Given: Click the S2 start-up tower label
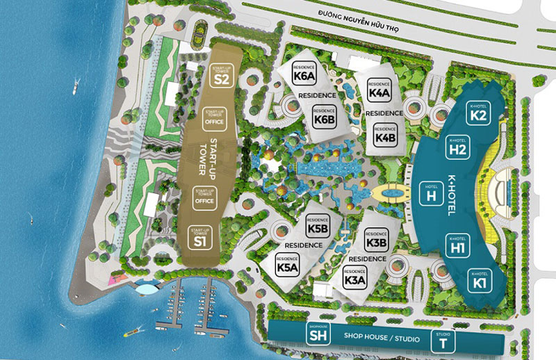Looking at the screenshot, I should pos(221,75).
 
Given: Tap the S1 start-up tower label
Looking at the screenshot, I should pos(200,238).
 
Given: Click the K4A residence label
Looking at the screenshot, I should pos(380,90).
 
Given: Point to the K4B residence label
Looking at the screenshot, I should pos(385,133).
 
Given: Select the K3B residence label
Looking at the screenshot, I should pos(375,239).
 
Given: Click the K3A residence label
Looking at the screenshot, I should pos(354,277).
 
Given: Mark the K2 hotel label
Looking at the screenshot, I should pos(477,113).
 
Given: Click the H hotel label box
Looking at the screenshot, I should pos(431,193).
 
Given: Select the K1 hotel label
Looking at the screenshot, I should pos(477,279).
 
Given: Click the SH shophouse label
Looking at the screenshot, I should pos(317,334).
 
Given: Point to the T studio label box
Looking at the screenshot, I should pos(443,340).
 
